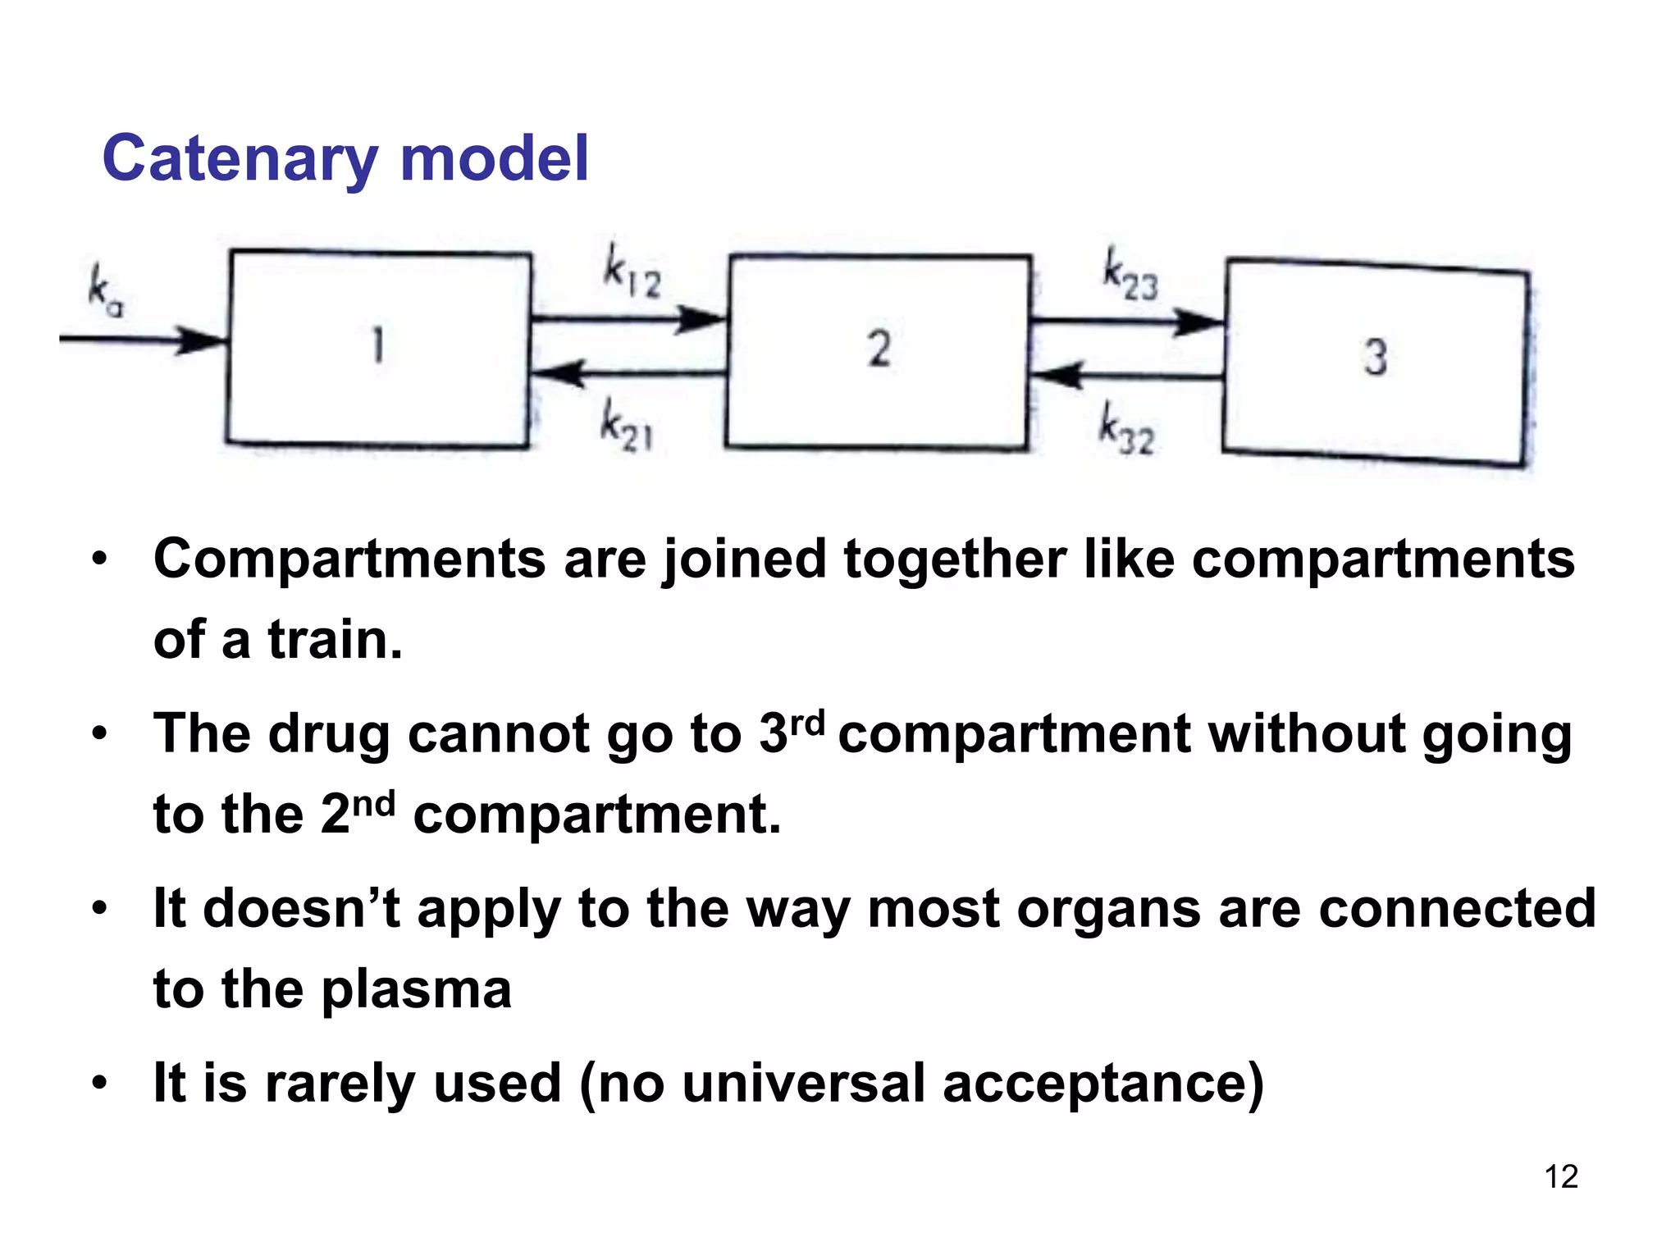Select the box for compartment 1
click(x=378, y=348)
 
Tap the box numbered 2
click(x=878, y=351)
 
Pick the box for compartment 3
click(x=1376, y=361)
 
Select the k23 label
click(x=1130, y=275)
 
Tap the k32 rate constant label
click(x=1126, y=429)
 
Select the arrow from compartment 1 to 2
click(x=628, y=318)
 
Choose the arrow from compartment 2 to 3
click(x=1127, y=322)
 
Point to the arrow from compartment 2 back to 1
click(x=628, y=374)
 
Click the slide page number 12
click(x=1561, y=1177)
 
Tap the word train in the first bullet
click(x=335, y=641)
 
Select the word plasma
click(x=416, y=990)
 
